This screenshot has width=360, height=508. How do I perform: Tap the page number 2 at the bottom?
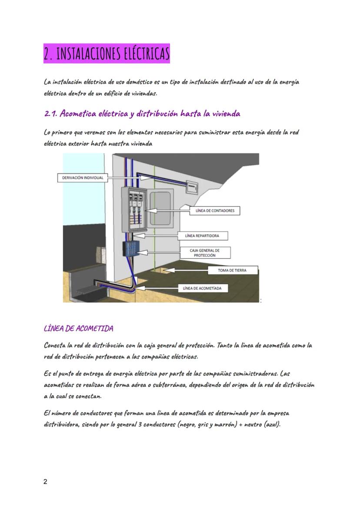point(46,481)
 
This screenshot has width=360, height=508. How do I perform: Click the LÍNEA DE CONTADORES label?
point(215,211)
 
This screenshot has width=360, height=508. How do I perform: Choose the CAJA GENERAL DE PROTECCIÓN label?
point(205,252)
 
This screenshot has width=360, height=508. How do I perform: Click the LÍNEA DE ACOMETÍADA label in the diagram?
point(203,288)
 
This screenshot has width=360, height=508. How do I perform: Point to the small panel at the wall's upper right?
point(191,188)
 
